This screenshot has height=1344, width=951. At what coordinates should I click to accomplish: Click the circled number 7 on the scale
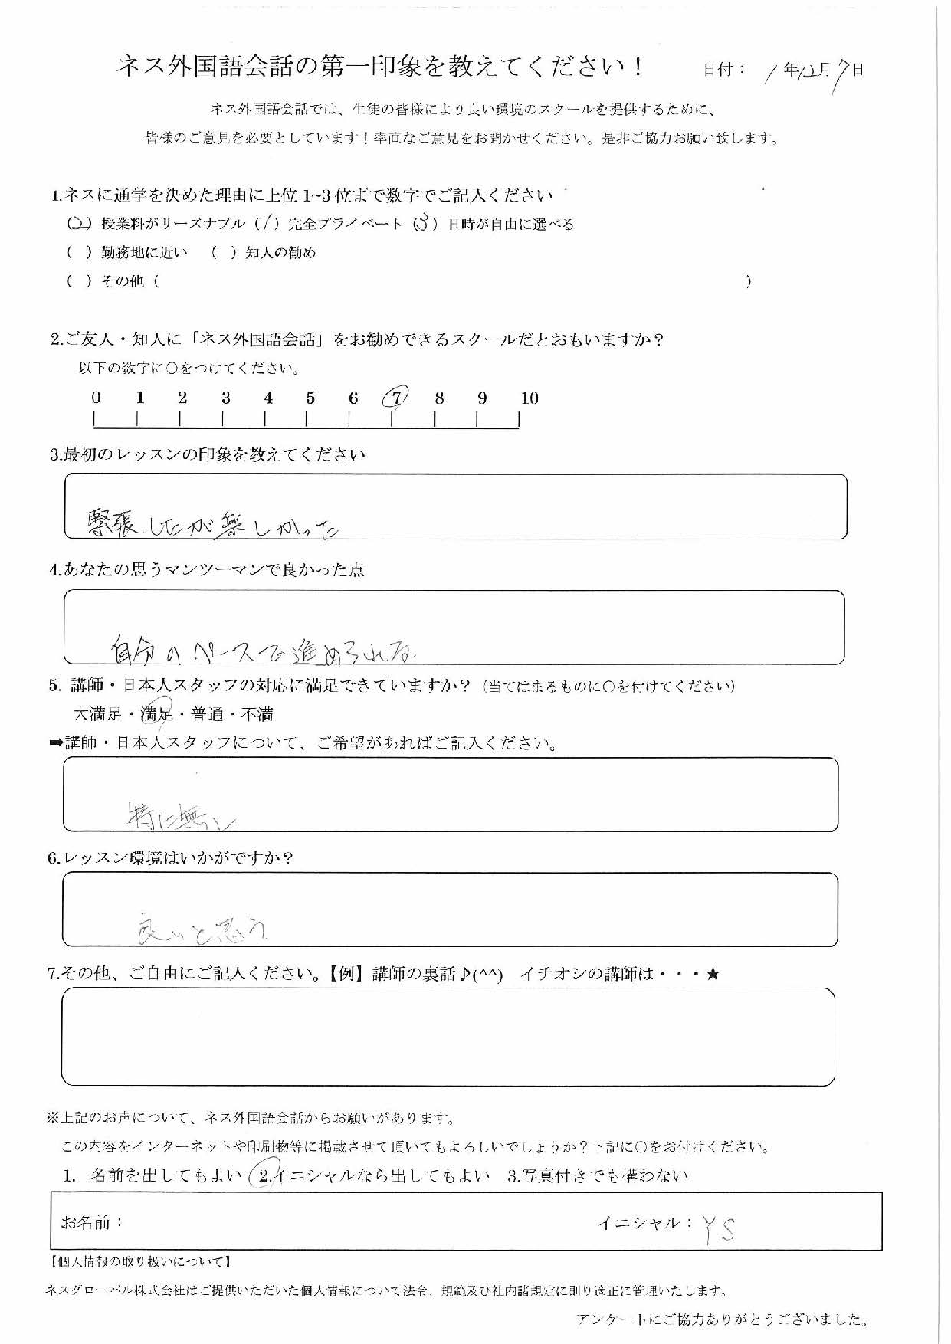tap(395, 398)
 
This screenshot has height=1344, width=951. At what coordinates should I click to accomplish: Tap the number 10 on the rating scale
tap(530, 398)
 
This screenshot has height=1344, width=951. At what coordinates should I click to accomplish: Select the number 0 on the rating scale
tap(96, 398)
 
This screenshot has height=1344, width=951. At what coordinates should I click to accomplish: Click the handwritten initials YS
tap(719, 1230)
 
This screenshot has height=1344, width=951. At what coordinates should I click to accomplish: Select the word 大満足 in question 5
tap(97, 714)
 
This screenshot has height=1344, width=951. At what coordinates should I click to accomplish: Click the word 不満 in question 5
tap(257, 714)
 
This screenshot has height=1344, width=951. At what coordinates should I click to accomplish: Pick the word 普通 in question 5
tap(207, 714)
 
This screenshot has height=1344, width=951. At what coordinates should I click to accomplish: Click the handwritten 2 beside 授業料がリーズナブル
tap(79, 224)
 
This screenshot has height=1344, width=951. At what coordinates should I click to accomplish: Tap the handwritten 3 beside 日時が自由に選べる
tap(423, 224)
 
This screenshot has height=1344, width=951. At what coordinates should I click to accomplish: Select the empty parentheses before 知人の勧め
tap(223, 253)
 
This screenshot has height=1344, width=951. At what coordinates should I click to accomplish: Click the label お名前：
tap(92, 1222)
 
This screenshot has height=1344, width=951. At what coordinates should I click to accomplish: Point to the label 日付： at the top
tap(724, 70)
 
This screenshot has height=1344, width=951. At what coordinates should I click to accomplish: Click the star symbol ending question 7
tap(713, 975)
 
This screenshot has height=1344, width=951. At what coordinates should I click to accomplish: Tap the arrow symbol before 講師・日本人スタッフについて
tap(56, 743)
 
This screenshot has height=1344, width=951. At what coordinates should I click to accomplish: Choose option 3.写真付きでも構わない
tap(598, 1176)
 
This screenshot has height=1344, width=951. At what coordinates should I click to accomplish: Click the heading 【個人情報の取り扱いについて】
tap(139, 1261)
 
